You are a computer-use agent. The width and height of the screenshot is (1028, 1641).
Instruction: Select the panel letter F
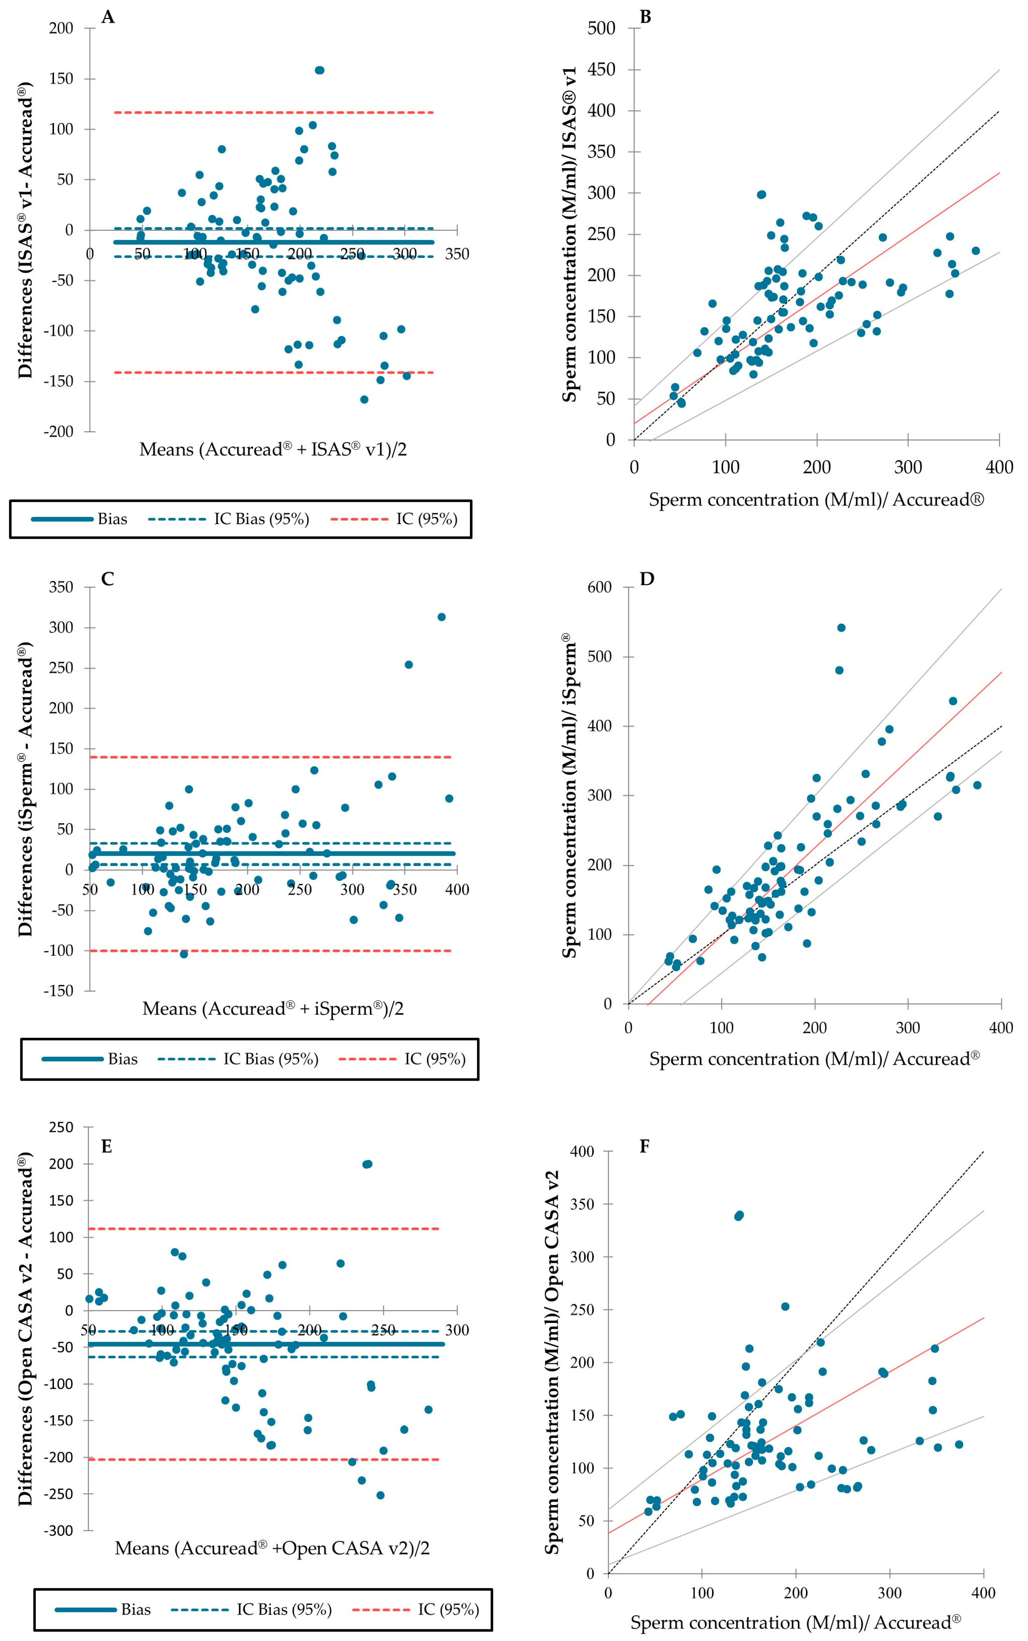(x=645, y=1147)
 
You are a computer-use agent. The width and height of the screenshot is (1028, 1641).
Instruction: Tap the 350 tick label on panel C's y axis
(x=61, y=587)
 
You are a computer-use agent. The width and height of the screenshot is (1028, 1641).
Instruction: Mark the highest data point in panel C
(x=441, y=617)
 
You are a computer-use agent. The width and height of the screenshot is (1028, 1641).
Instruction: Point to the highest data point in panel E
(x=368, y=1163)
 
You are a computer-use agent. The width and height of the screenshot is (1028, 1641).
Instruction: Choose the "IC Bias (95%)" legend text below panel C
(x=271, y=1059)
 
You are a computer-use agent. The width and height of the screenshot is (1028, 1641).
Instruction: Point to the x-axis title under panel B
(x=816, y=500)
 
